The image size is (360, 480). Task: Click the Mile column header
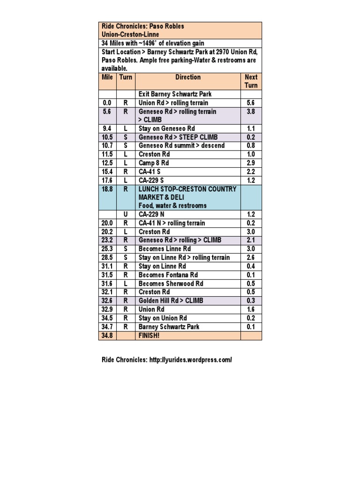pyautogui.click(x=107, y=77)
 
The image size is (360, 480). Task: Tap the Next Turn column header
pyautogui.click(x=251, y=81)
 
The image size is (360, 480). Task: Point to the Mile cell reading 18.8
pyautogui.click(x=107, y=189)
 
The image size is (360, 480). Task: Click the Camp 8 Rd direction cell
pyautogui.click(x=154, y=163)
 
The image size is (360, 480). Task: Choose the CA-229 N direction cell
pyautogui.click(x=151, y=215)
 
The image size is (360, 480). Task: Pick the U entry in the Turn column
pyautogui.click(x=126, y=215)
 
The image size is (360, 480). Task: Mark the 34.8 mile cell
pyautogui.click(x=107, y=336)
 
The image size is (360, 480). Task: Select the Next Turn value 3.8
pyautogui.click(x=251, y=112)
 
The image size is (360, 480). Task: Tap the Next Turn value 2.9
pyautogui.click(x=251, y=163)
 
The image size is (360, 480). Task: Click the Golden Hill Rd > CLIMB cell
pyautogui.click(x=171, y=301)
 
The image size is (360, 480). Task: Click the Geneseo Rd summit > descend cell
pyautogui.click(x=181, y=146)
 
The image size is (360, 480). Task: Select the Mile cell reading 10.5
pyautogui.click(x=107, y=137)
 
